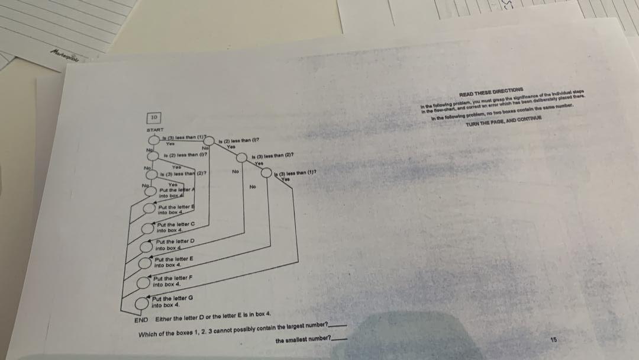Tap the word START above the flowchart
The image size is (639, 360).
155,129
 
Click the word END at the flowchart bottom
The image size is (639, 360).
141,320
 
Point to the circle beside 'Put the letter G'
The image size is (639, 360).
142,304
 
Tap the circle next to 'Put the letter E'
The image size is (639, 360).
145,264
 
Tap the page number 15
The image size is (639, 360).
553,339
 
